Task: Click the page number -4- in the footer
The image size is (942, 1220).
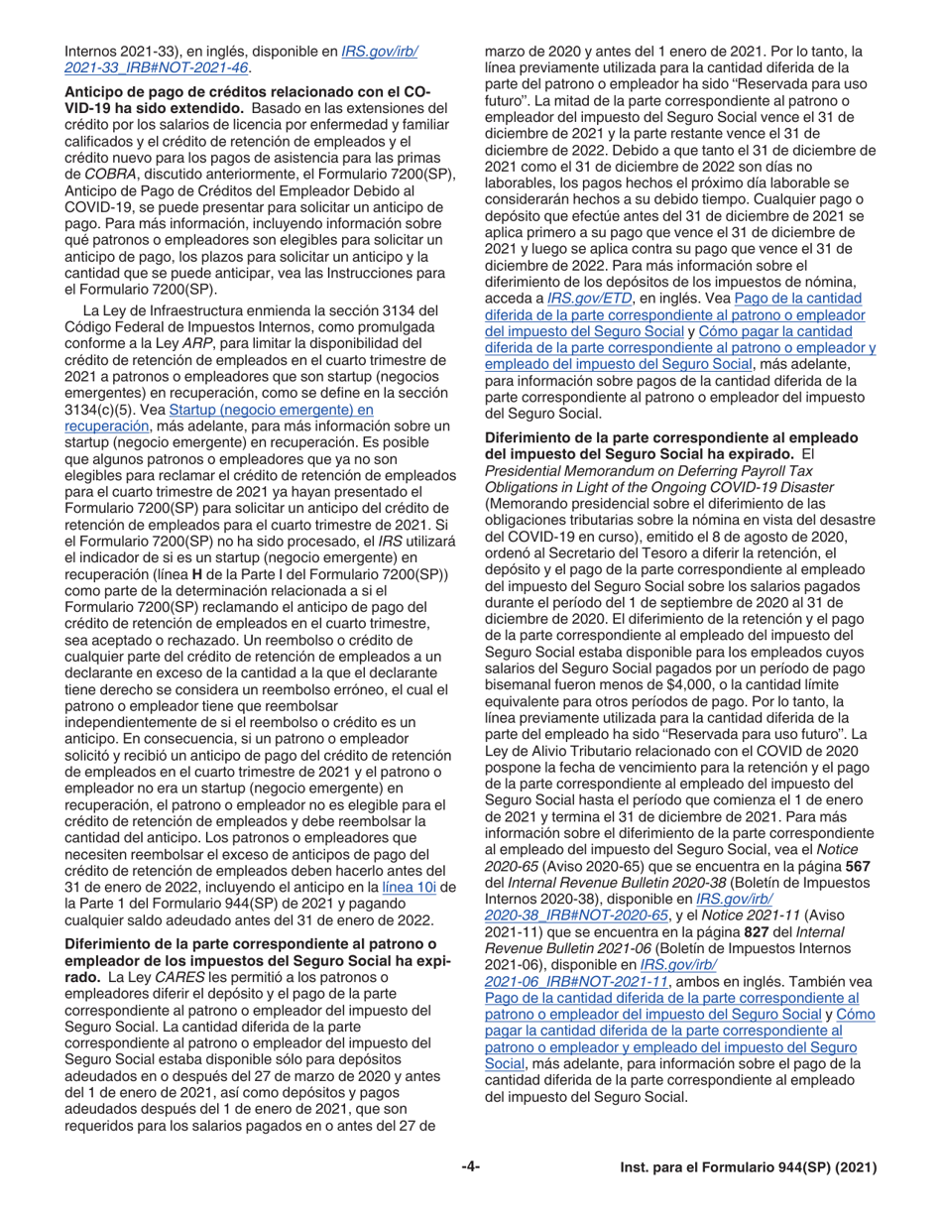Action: point(471,1167)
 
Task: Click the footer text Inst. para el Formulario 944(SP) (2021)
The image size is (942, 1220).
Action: point(750,1167)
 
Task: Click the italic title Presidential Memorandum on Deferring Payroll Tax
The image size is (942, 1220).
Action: point(657,472)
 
